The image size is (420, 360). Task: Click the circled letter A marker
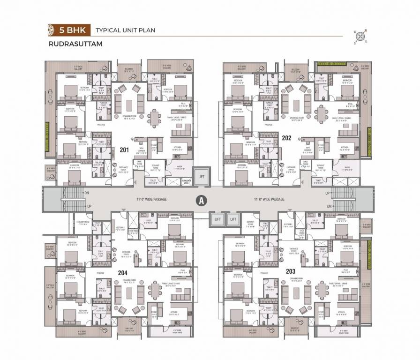click(x=201, y=200)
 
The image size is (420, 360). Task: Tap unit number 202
click(x=287, y=137)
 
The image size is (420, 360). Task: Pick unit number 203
click(x=291, y=271)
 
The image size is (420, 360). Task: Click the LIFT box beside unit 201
click(x=202, y=177)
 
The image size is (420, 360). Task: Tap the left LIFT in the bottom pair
click(x=217, y=219)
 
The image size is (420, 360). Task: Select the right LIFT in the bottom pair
click(x=232, y=219)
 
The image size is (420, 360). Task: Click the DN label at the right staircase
click(x=329, y=206)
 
